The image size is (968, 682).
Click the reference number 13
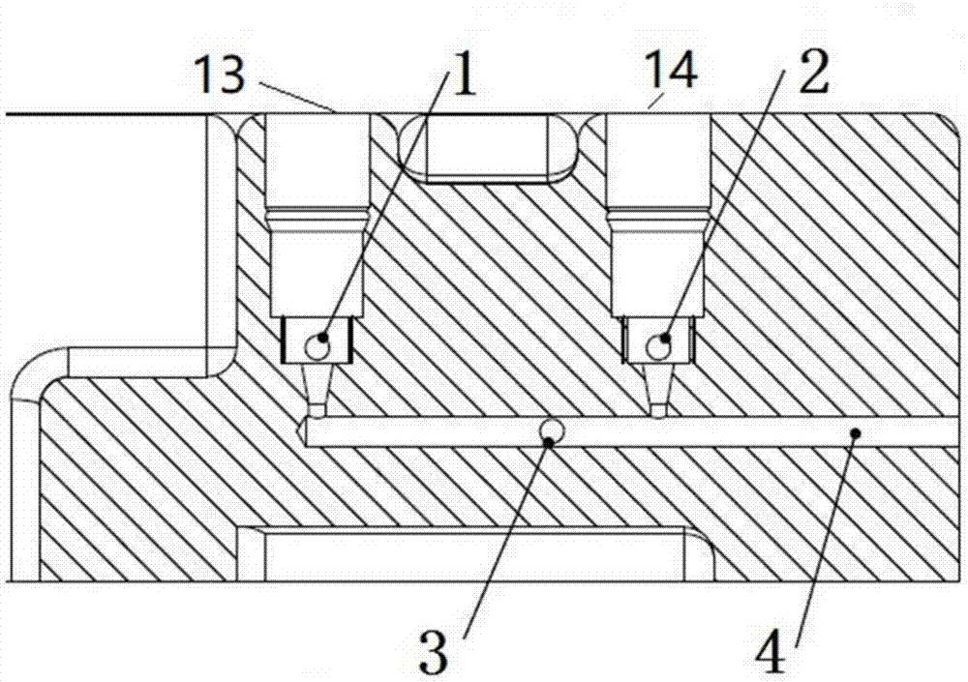[x=221, y=74]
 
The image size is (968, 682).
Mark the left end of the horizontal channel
[x=308, y=434]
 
